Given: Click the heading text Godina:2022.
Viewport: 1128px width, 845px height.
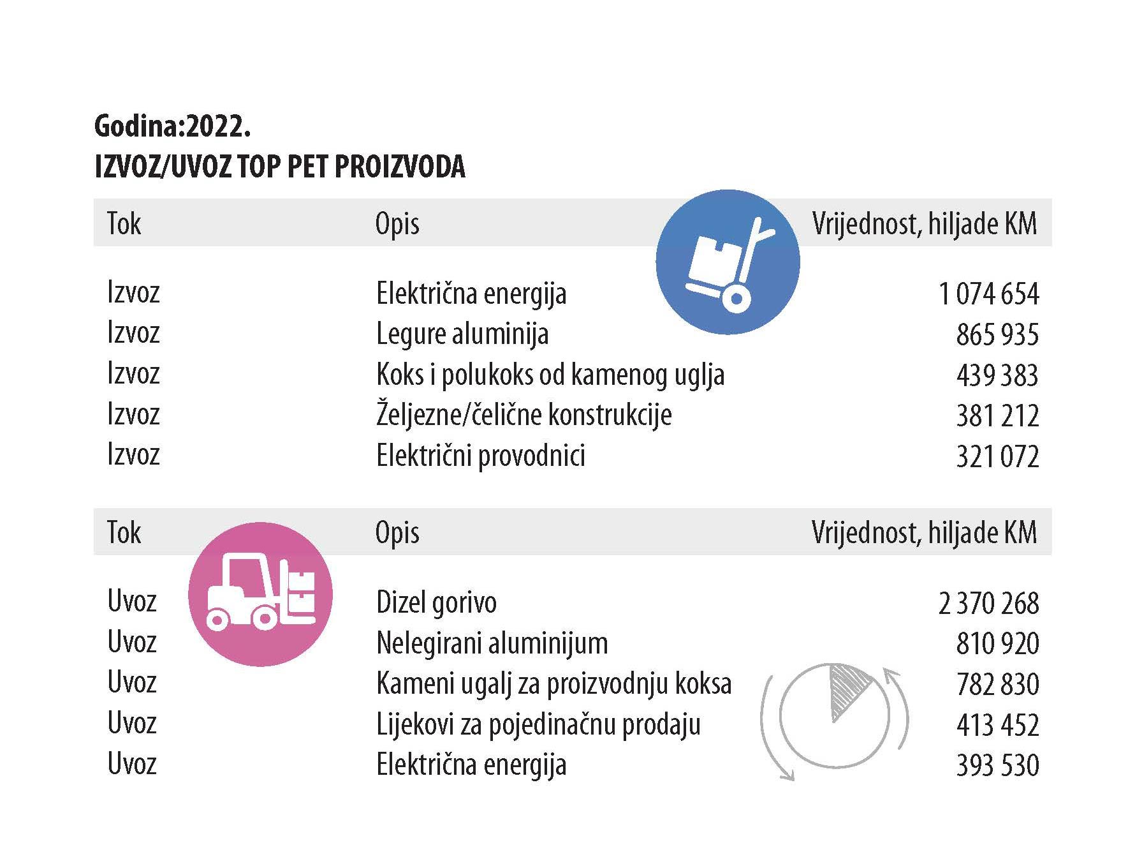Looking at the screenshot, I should (172, 126).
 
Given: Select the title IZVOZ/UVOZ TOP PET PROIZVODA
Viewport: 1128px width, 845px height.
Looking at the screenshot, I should (279, 167).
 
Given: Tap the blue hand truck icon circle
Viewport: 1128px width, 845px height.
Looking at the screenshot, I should (728, 262).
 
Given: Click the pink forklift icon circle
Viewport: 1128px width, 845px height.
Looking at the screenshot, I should (260, 594).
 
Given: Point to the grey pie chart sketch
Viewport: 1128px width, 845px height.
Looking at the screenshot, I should (834, 715).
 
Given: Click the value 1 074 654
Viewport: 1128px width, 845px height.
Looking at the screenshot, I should (988, 294).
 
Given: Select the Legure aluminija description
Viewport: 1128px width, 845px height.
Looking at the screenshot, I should (462, 334).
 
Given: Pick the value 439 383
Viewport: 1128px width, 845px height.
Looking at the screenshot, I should (997, 375).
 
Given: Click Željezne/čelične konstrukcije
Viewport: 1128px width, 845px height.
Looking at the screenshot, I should (524, 415).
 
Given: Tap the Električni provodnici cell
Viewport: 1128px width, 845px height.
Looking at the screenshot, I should (481, 456).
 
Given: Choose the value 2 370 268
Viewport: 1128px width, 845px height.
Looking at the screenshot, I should (988, 603).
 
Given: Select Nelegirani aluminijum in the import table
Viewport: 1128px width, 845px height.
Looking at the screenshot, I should (492, 643).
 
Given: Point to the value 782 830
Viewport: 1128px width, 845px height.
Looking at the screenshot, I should (997, 684).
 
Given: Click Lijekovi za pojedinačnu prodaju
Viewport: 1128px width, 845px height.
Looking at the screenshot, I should (538, 725).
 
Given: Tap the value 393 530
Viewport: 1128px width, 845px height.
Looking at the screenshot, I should (997, 765).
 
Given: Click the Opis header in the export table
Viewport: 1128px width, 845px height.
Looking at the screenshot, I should (397, 224).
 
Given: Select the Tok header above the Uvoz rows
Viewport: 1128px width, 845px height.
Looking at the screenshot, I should (124, 533).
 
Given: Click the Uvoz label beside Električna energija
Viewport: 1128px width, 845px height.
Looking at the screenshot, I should (132, 764).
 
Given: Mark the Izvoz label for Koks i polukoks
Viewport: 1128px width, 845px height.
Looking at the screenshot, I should (133, 373).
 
